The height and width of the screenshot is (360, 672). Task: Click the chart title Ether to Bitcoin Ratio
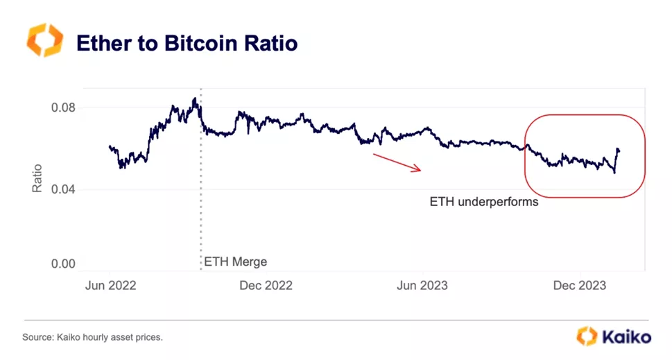187,43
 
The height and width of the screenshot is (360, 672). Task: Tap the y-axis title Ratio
37,178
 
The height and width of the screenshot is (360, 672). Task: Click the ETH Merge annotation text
235,262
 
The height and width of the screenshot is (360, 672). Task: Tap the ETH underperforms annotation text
483,203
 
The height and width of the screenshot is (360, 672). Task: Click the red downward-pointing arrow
397,162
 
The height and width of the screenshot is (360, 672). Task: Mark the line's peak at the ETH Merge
196,99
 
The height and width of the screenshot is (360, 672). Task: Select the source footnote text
93,337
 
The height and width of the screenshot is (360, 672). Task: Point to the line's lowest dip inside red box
614,172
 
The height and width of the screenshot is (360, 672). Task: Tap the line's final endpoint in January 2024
619,151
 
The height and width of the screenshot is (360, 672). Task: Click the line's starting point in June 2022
110,146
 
